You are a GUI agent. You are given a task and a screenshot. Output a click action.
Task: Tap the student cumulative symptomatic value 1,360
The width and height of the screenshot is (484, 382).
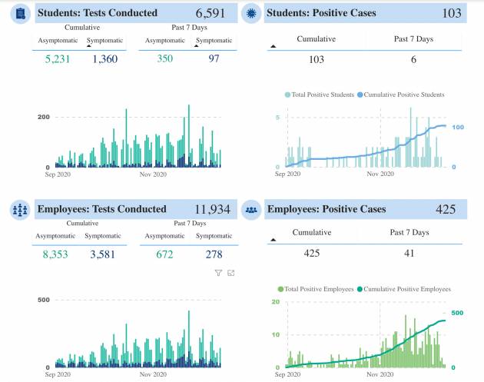pyautogui.click(x=103, y=59)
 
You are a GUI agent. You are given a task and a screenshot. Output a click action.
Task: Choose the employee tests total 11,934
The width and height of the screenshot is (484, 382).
pyautogui.click(x=213, y=209)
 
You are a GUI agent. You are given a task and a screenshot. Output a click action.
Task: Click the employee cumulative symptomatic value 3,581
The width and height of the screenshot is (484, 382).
pyautogui.click(x=103, y=254)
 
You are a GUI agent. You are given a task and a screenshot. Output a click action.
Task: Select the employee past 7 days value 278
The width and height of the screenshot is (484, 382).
pyautogui.click(x=214, y=254)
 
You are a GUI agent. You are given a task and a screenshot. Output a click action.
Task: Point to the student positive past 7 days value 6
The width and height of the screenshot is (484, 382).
pyautogui.click(x=413, y=58)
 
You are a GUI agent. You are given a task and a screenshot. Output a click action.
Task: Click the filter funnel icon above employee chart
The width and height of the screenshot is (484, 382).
pyautogui.click(x=218, y=273)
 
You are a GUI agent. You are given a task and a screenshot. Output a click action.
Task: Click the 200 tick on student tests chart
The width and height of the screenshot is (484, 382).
pyautogui.click(x=44, y=117)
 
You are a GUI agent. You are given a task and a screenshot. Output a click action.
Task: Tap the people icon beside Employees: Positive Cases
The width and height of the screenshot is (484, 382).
pyautogui.click(x=250, y=209)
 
